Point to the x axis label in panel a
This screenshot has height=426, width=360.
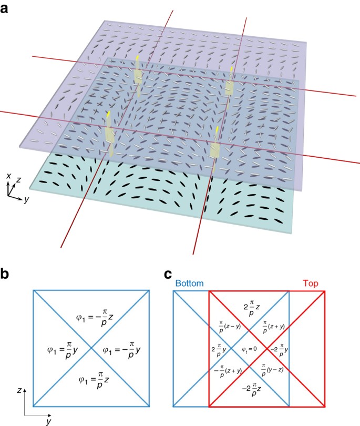(x=9, y=176)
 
